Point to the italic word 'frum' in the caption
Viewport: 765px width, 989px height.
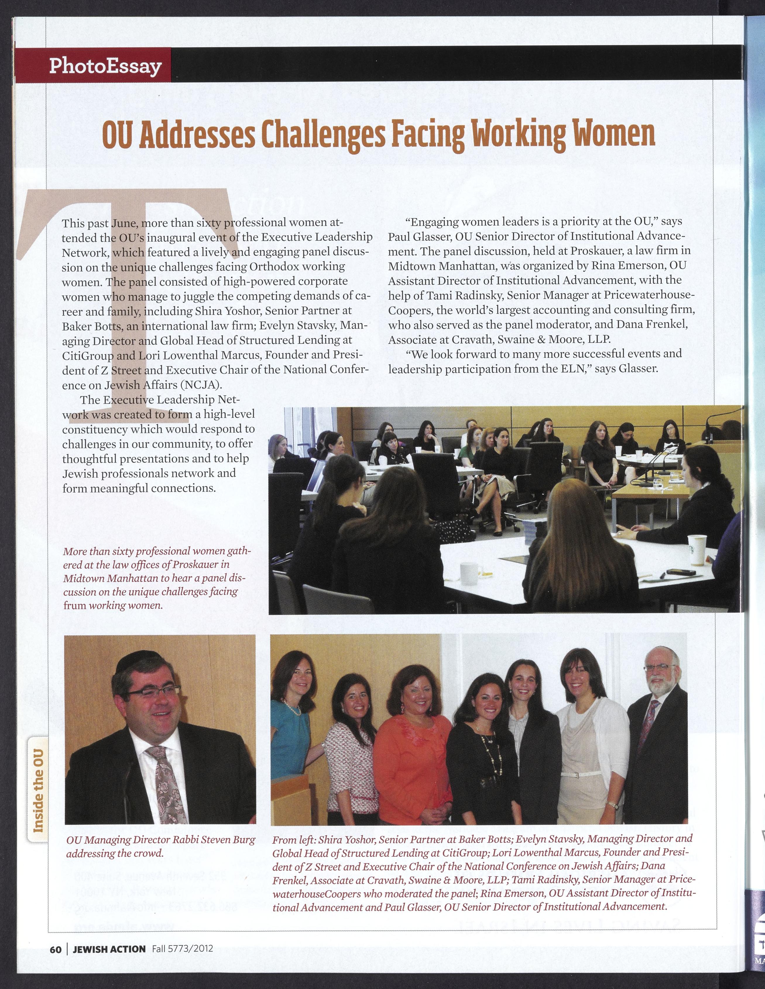[x=74, y=606]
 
